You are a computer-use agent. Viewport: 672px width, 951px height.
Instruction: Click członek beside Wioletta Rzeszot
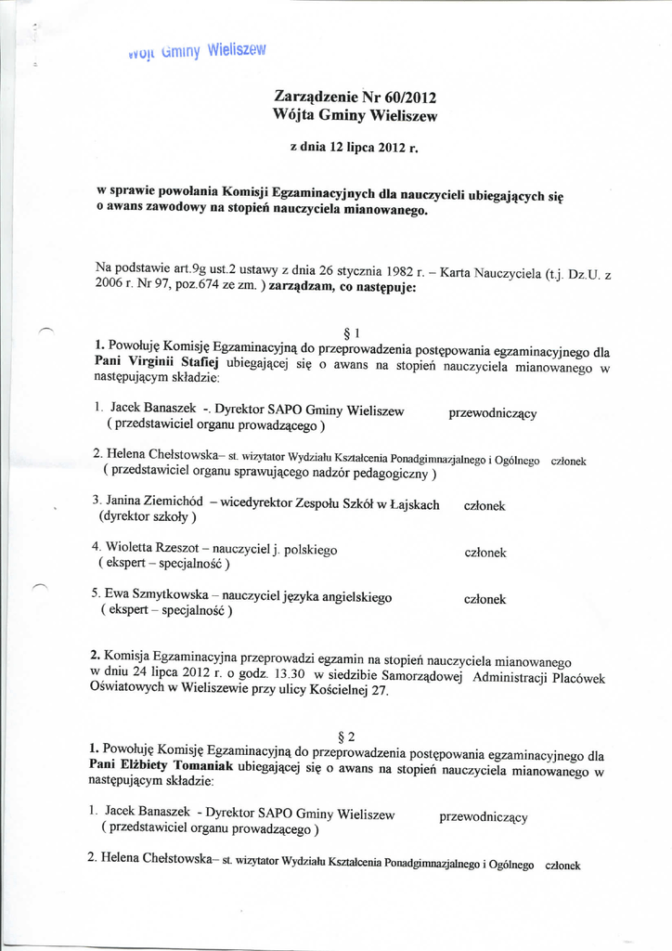[x=485, y=553]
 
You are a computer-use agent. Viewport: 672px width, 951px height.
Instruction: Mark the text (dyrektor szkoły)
[x=148, y=518]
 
